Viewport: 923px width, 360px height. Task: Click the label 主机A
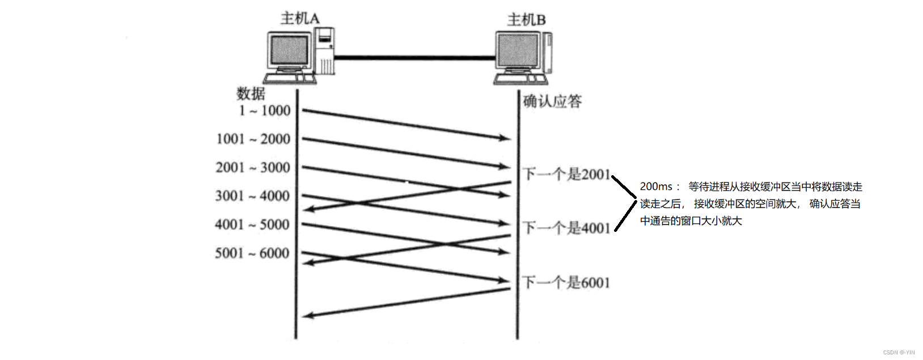300,18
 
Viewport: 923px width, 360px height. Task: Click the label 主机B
526,20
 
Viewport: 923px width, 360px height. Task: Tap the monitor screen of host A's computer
289,50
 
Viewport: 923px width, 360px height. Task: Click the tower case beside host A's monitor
325,51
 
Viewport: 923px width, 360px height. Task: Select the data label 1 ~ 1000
265,111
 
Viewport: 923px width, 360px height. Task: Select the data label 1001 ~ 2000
253,139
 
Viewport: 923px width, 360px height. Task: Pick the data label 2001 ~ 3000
253,168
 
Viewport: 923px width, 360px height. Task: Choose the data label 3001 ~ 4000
252,196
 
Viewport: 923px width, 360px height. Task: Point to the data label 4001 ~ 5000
252,225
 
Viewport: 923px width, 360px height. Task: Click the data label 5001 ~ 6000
252,253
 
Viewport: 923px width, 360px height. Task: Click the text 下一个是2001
566,174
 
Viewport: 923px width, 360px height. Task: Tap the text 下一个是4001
566,228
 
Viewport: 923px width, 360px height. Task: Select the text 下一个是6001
566,282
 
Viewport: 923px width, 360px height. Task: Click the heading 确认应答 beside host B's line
552,101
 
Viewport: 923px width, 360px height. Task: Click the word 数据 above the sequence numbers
251,93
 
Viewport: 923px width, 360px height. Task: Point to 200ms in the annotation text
656,187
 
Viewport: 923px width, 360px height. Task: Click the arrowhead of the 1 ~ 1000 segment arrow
505,138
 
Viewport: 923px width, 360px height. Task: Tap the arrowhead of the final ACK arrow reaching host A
308,315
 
